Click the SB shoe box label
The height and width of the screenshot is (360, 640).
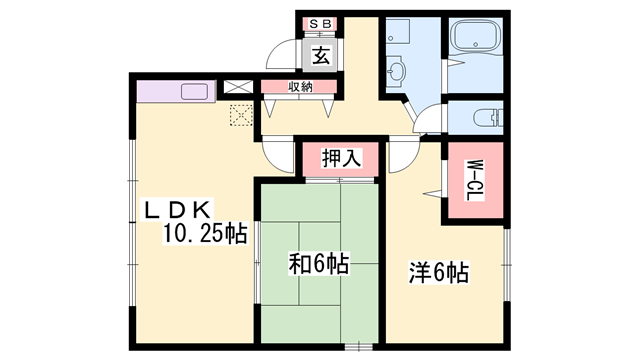[320, 24]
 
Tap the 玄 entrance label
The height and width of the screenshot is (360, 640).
[321, 55]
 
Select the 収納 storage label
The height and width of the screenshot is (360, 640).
[300, 87]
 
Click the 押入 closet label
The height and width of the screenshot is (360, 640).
[341, 158]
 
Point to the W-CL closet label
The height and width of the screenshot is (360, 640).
[475, 180]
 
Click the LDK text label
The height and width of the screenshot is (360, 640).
[177, 210]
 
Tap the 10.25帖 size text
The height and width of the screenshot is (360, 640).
[205, 234]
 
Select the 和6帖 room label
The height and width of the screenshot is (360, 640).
[319, 264]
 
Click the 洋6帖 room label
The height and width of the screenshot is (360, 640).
[439, 273]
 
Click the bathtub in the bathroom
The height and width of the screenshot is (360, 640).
[475, 36]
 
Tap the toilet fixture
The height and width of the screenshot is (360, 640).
[488, 118]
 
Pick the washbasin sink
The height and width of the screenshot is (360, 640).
[395, 72]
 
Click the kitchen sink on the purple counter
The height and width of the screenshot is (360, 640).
[194, 91]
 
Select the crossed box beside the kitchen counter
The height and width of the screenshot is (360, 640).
[238, 87]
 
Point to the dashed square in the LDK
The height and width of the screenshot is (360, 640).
[241, 115]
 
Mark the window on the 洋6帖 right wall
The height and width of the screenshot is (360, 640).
[507, 265]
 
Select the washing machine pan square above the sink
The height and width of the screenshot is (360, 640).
[398, 31]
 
